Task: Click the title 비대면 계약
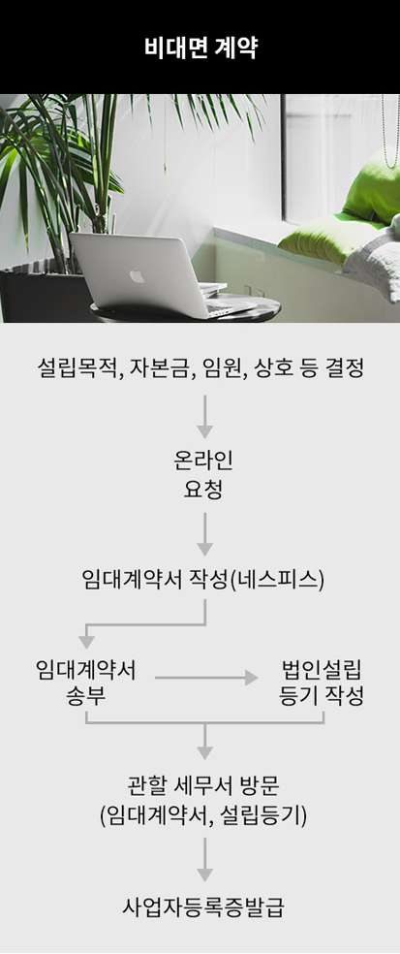pos(200,48)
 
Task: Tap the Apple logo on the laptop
pos(138,276)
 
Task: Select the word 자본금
pos(154,368)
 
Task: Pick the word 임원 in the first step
pos(218,368)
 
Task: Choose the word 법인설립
pos(322,670)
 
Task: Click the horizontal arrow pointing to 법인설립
pos(206,677)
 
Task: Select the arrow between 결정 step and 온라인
pos(205,417)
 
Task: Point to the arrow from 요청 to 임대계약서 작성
pos(205,533)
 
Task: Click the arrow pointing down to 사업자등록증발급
pos(205,859)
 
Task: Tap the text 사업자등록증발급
pos(202,907)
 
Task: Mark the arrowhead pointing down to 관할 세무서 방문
pos(205,752)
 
